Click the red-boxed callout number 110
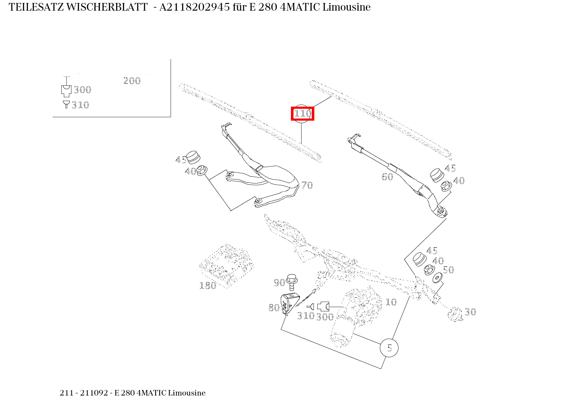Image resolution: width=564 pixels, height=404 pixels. click(x=302, y=114)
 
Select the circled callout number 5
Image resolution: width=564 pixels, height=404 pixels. click(x=389, y=348)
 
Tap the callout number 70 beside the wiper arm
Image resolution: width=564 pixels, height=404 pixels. click(x=307, y=185)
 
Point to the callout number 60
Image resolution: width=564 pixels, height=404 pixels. click(x=387, y=177)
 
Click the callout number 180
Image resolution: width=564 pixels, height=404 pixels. click(x=208, y=285)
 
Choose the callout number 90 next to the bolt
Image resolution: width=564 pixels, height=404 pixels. click(x=279, y=283)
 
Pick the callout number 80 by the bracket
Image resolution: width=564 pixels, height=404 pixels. click(x=274, y=308)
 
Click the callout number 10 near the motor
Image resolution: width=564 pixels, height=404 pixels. click(x=390, y=302)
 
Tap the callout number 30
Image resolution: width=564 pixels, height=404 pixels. click(x=470, y=312)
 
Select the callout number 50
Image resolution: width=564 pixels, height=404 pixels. click(x=448, y=270)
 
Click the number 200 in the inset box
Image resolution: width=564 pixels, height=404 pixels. click(x=132, y=81)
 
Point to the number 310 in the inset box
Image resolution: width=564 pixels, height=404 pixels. click(x=80, y=105)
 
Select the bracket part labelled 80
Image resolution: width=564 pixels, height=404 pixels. click(x=289, y=304)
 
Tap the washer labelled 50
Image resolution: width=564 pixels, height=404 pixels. click(x=437, y=279)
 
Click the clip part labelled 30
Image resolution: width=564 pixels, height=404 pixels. click(x=455, y=314)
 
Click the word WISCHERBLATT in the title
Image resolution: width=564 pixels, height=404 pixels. click(x=107, y=7)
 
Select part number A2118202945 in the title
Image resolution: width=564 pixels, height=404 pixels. click(x=194, y=7)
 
